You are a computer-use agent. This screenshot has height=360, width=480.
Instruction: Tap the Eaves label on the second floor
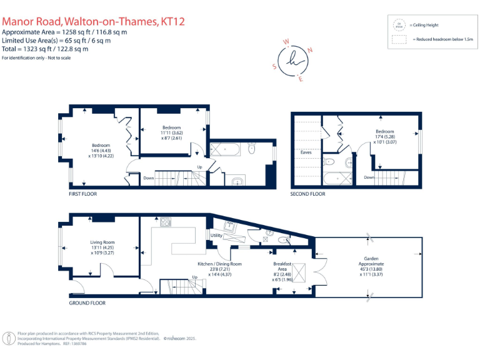click(306, 152)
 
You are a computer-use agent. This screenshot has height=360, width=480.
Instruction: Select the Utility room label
click(216, 236)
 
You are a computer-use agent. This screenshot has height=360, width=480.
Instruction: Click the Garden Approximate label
click(371, 261)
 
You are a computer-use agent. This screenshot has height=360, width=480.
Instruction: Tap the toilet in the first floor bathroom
click(251, 149)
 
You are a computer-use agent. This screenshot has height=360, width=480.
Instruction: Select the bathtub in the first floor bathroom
click(222, 149)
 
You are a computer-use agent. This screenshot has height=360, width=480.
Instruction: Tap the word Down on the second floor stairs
click(369, 177)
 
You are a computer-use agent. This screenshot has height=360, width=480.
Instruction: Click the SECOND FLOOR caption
click(307, 194)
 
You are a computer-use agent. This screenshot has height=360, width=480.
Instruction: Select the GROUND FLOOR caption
click(87, 302)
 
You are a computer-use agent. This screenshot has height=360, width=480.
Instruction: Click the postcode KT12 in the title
click(173, 22)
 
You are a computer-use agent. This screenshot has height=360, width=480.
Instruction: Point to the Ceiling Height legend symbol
click(397, 25)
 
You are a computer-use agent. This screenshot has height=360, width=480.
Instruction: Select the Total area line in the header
click(45, 48)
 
